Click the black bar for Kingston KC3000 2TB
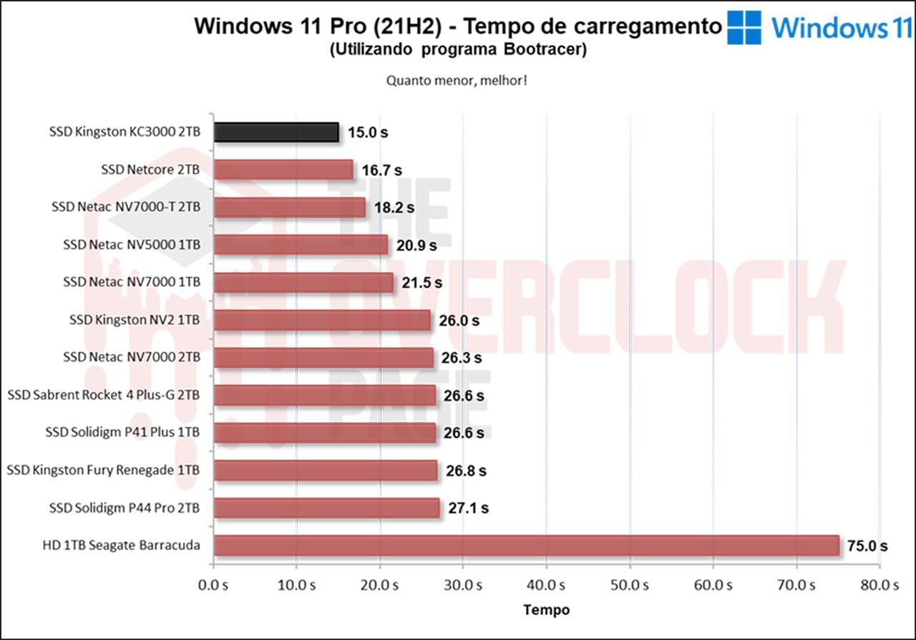tap(276, 132)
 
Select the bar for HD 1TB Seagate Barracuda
tap(526, 546)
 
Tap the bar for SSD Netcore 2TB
tap(283, 170)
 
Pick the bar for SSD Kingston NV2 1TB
tap(322, 320)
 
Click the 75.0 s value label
tap(867, 546)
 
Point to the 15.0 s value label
tap(368, 132)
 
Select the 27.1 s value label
tap(468, 508)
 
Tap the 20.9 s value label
tap(416, 245)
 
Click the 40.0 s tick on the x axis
tap(547, 585)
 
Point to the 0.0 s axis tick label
tap(213, 585)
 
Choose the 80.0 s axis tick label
tap(880, 585)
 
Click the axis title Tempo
tap(547, 610)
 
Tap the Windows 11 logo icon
tap(744, 28)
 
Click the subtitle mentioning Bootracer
tap(458, 50)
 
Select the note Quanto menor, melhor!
tap(457, 80)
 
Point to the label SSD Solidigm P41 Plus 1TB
tap(122, 432)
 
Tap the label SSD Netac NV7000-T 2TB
tap(126, 207)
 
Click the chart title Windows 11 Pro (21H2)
tap(458, 26)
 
